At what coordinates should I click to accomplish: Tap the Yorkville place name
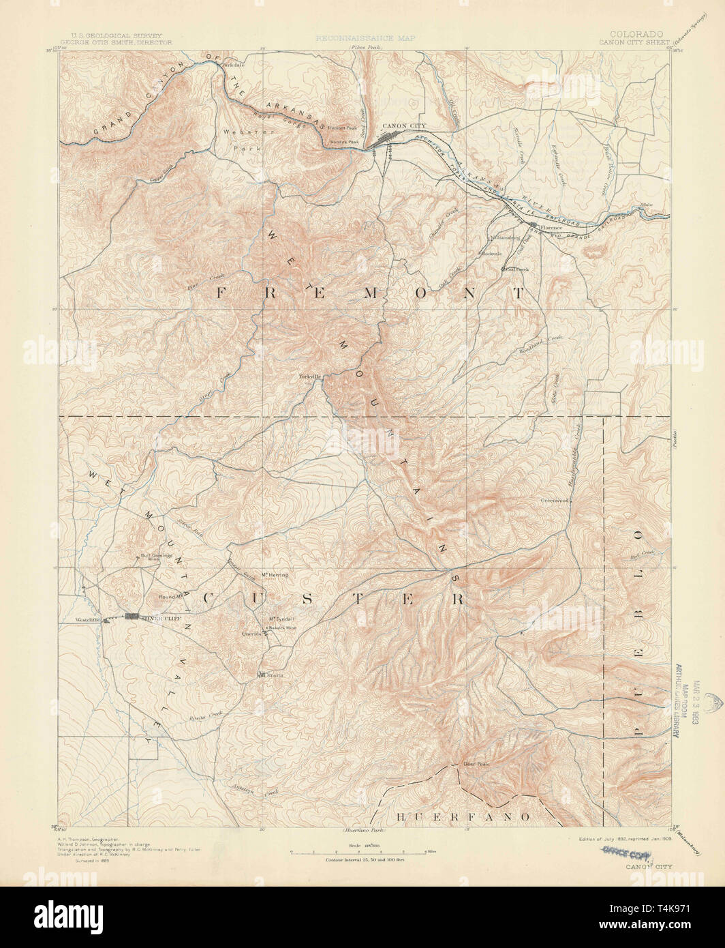[x=309, y=376]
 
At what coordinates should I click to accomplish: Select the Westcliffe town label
[x=89, y=620]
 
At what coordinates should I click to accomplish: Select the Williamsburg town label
[x=505, y=238]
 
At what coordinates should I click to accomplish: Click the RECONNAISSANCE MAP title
[x=365, y=40]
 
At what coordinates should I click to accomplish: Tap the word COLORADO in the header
[x=637, y=33]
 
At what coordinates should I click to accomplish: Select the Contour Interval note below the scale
[x=361, y=859]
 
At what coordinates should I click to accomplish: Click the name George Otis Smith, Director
[x=125, y=42]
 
